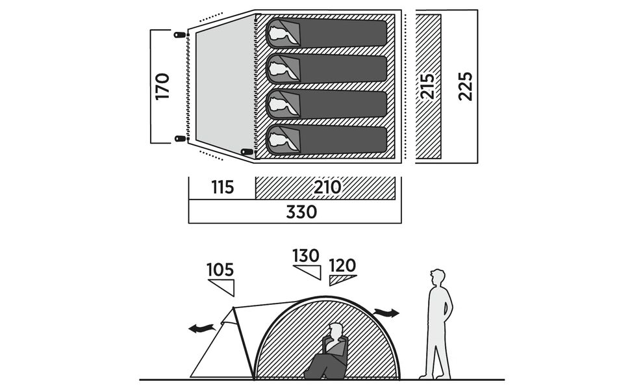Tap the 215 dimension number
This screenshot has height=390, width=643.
point(427,85)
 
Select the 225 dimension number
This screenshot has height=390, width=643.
point(465,85)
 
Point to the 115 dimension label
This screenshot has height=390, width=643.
point(221,188)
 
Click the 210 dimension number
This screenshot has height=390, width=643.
point(327,188)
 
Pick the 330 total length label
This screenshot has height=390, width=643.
point(302,212)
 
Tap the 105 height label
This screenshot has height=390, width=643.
point(220,269)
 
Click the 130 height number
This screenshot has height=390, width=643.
point(306,255)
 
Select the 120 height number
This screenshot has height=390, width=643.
point(342,265)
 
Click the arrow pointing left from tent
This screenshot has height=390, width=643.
point(201,328)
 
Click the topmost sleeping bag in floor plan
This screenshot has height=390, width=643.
point(327,32)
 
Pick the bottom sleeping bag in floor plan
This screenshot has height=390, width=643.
point(327,140)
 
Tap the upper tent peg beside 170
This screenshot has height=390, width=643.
point(180,34)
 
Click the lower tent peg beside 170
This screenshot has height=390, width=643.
point(180,138)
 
